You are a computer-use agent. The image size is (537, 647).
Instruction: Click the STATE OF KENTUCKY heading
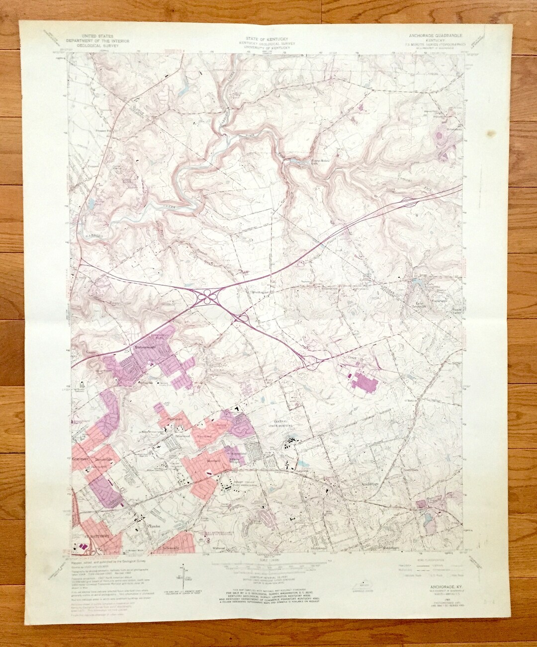click(x=267, y=38)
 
